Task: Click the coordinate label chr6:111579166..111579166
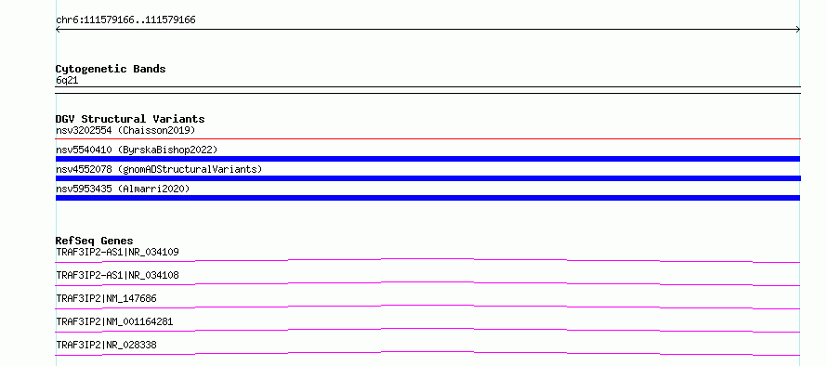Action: [125, 20]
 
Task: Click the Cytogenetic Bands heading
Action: [111, 69]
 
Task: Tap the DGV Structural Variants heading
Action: [130, 119]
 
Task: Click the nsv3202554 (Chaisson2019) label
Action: [125, 130]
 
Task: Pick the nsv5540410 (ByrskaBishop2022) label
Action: [137, 150]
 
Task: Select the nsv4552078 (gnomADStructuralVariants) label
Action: [159, 169]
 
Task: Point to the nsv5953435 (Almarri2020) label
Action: [123, 189]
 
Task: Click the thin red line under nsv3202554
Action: [427, 139]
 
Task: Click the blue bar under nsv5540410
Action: [427, 159]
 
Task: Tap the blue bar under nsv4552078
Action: [427, 178]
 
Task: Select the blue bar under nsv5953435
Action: [427, 198]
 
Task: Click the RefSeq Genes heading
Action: [95, 241]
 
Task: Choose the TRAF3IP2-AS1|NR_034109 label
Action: [117, 252]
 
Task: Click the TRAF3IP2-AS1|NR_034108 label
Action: [117, 275]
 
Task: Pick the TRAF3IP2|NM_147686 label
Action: [106, 298]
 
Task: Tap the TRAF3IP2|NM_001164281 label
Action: [114, 321]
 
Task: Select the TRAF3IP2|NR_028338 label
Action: [106, 345]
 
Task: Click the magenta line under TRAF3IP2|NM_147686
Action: [427, 306]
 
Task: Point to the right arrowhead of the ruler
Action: [799, 30]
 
